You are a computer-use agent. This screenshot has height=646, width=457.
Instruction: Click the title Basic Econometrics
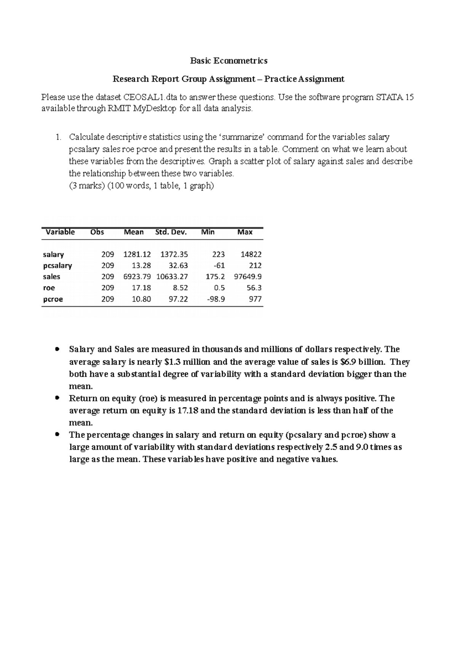(x=228, y=61)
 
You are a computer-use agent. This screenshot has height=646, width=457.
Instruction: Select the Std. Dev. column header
(x=171, y=232)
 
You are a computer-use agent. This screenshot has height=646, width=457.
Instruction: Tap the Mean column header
(x=134, y=232)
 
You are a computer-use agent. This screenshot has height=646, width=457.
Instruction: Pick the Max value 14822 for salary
(x=251, y=255)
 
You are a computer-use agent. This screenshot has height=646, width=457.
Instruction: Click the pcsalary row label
(x=57, y=266)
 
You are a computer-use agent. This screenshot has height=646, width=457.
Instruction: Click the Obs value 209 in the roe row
(x=107, y=288)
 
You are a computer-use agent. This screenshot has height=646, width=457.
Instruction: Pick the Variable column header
(x=60, y=232)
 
